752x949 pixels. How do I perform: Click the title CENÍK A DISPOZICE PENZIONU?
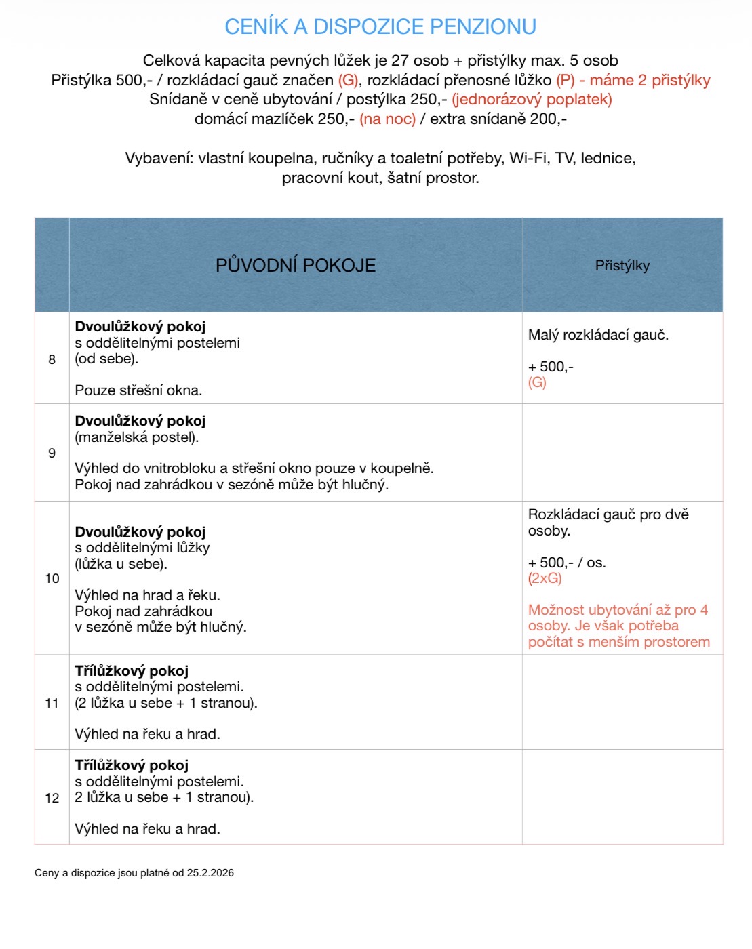(380, 26)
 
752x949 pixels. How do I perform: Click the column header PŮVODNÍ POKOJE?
(296, 265)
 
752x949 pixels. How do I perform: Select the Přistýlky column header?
(622, 266)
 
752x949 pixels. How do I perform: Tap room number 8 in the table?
(52, 359)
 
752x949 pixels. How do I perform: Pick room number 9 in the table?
(52, 453)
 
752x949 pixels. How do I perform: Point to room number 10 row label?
(52, 578)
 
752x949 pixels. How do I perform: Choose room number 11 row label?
(52, 703)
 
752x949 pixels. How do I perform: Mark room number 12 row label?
(52, 798)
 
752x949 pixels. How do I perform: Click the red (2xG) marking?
(545, 578)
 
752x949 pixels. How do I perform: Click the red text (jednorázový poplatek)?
(532, 99)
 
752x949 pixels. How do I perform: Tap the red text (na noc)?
(387, 119)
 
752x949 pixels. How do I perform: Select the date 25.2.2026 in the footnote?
(210, 873)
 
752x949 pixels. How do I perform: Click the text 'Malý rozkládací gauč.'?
(598, 335)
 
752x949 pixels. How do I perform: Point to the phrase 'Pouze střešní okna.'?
(138, 390)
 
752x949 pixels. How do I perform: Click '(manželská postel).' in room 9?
(137, 437)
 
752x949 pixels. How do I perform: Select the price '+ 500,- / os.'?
(567, 563)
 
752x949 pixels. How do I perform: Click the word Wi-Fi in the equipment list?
(529, 158)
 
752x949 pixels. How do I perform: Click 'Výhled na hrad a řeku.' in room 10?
(147, 595)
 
